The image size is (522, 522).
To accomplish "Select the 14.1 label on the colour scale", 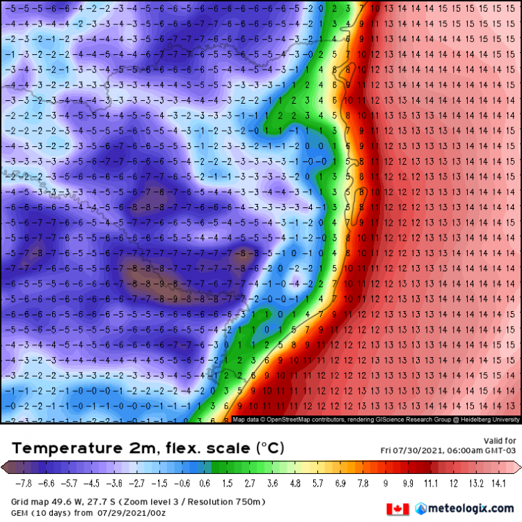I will click(497, 481).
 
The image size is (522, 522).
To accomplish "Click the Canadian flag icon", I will click(397, 509).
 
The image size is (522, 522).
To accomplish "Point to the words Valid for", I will click(500, 441).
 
